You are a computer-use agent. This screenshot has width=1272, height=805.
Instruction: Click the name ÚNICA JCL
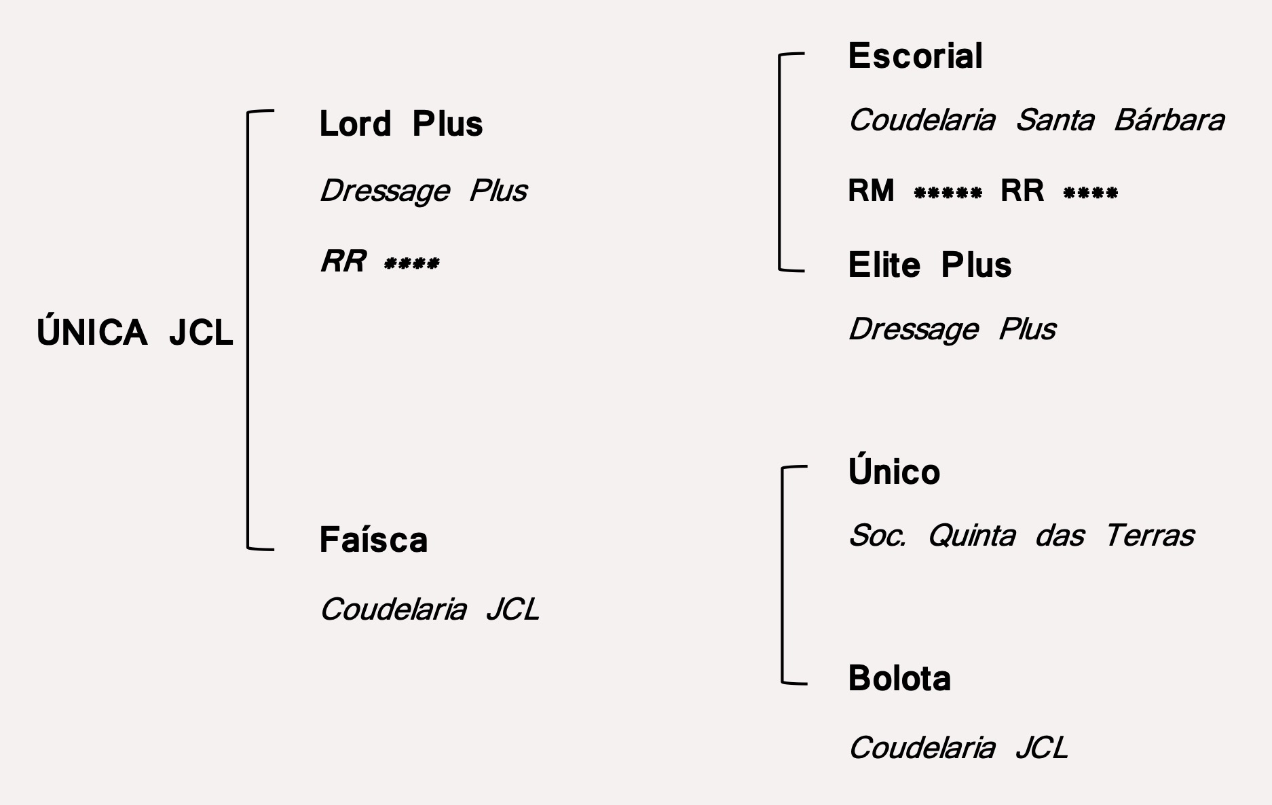pyautogui.click(x=134, y=333)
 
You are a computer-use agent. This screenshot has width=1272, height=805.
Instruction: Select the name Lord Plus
pyautogui.click(x=400, y=124)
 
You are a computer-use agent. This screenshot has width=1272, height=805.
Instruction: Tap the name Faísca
pyautogui.click(x=373, y=540)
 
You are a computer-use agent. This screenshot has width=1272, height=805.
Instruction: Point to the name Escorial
pyautogui.click(x=915, y=56)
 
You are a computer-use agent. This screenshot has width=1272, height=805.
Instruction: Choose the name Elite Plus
pyautogui.click(x=929, y=265)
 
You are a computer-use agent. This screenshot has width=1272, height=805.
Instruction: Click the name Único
pyautogui.click(x=894, y=472)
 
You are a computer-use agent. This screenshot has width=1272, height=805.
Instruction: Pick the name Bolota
pyautogui.click(x=899, y=679)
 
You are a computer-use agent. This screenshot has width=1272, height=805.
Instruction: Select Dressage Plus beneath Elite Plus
pyautogui.click(x=952, y=330)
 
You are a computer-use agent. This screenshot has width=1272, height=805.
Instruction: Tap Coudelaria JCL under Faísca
pyautogui.click(x=429, y=610)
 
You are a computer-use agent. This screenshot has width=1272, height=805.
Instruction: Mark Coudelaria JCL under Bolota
pyautogui.click(x=958, y=748)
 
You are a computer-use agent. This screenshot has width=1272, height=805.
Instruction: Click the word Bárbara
pyautogui.click(x=1169, y=121)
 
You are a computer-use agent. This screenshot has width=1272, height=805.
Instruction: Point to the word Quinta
pyautogui.click(x=971, y=536)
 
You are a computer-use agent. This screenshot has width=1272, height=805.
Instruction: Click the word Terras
pyautogui.click(x=1149, y=536)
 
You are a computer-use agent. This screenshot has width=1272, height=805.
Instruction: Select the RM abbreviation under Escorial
pyautogui.click(x=871, y=191)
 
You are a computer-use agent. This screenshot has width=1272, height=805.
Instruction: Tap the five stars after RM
pyautogui.click(x=948, y=193)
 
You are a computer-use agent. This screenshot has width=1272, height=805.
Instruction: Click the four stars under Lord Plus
pyautogui.click(x=411, y=263)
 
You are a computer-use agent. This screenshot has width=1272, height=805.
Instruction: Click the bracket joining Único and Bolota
pyautogui.click(x=783, y=574)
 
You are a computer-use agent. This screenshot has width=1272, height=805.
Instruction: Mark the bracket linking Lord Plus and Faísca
pyautogui.click(x=248, y=329)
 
